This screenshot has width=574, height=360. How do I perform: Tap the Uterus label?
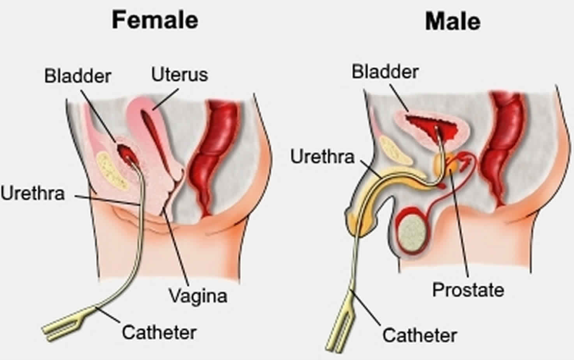click(x=179, y=74)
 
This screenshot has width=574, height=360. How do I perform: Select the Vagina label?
click(x=198, y=295)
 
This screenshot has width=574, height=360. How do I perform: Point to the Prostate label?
click(x=468, y=290)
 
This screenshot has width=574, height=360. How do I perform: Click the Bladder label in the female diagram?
click(x=78, y=76)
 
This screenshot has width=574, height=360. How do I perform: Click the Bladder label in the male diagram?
click(x=385, y=72)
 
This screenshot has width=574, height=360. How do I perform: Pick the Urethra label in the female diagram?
click(x=32, y=193)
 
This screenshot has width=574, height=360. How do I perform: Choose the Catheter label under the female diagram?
click(x=159, y=331)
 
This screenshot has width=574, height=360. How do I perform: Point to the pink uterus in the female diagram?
click(x=148, y=120)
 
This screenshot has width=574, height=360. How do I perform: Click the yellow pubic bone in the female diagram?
click(x=112, y=169)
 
